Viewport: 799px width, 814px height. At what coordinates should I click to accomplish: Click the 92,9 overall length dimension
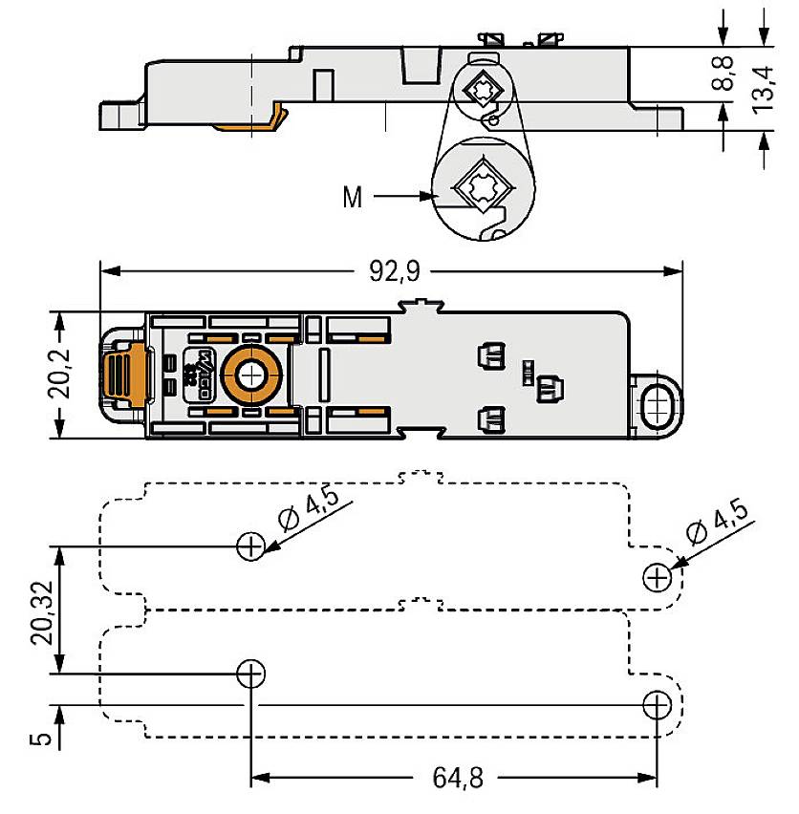coord(394,272)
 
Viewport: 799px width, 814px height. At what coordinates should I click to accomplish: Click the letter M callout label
coord(353,199)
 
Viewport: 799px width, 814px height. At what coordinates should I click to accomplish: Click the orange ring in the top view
coord(250,376)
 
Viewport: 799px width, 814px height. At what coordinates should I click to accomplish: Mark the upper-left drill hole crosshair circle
coord(249,546)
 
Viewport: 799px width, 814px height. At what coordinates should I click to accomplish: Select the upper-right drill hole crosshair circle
coord(658,577)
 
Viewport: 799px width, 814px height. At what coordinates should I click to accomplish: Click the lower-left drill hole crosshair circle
coord(249,674)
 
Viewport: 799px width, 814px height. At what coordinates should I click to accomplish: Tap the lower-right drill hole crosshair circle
coord(658,705)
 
